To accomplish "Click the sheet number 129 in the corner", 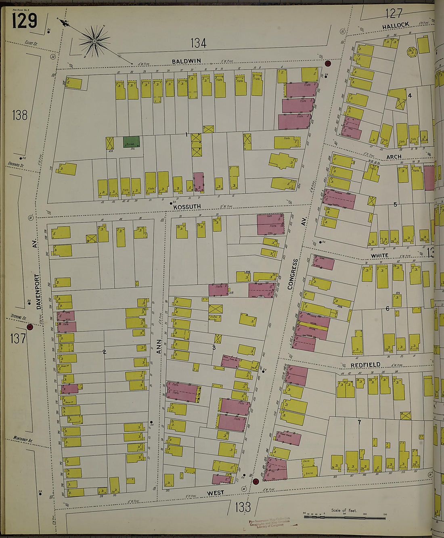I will tap(24, 21).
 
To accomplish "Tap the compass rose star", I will tap(94, 40).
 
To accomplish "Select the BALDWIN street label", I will tap(186, 61).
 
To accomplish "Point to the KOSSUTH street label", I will tap(187, 207).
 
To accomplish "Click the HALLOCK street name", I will tap(396, 25).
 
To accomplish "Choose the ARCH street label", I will tap(394, 157).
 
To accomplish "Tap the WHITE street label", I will tap(379, 255).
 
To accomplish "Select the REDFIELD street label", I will tap(365, 365).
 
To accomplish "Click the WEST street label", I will tap(215, 493).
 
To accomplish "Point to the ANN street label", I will tap(159, 347).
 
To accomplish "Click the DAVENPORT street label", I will tap(38, 291).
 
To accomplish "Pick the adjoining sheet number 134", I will tap(198, 43).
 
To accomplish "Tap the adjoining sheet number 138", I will tap(19, 115).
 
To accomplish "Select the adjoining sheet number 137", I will tap(18, 338).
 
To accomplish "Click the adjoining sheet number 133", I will tap(243, 507).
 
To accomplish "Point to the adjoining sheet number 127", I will tap(394, 14).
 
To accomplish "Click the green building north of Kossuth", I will tap(132, 142).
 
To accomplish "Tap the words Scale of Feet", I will tap(344, 510).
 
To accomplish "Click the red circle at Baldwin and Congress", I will tap(327, 63).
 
